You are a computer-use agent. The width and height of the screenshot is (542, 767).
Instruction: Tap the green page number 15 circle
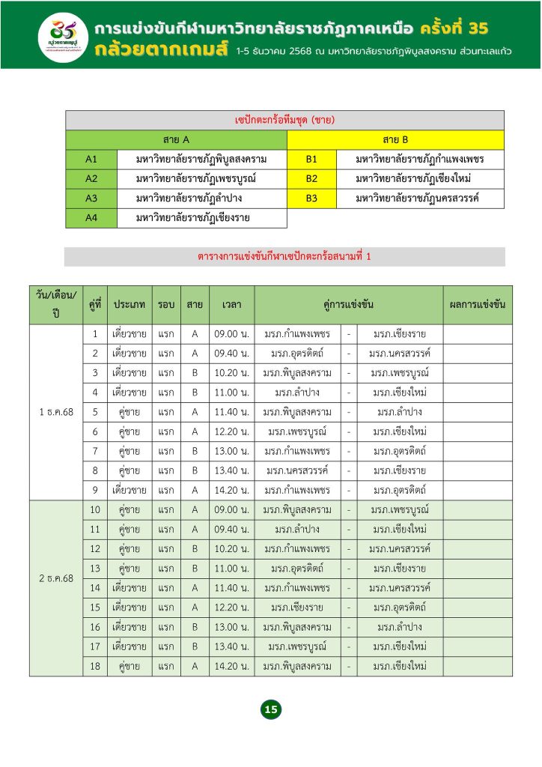click(x=270, y=709)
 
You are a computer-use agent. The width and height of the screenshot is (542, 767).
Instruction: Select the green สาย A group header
click(x=176, y=139)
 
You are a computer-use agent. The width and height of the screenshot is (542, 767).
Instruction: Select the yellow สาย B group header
click(x=395, y=139)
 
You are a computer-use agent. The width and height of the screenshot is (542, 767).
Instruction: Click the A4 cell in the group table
click(x=91, y=218)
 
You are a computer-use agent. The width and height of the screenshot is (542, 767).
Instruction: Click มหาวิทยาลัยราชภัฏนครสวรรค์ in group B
click(x=417, y=198)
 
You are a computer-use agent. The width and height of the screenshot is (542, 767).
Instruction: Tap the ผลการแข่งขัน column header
click(x=477, y=305)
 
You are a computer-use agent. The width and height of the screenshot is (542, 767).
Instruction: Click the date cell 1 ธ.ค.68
click(x=56, y=412)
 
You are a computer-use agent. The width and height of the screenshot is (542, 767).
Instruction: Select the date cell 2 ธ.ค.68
click(x=56, y=578)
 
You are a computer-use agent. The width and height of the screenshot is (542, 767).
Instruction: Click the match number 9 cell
click(x=95, y=490)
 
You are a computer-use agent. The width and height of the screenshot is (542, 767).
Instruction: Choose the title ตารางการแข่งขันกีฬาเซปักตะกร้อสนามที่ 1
click(x=284, y=257)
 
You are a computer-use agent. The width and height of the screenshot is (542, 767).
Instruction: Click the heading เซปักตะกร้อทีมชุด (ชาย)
click(x=284, y=120)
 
